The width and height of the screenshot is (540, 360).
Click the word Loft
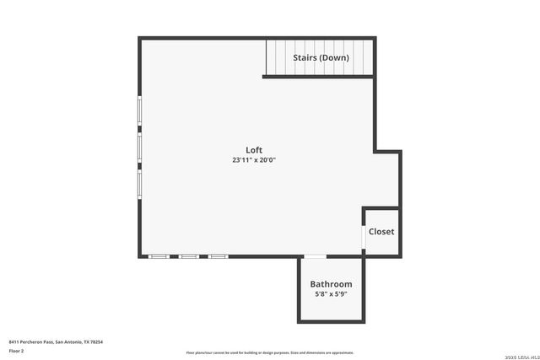pyautogui.click(x=254, y=150)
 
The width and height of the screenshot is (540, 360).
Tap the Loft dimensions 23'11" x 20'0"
pyautogui.click(x=254, y=160)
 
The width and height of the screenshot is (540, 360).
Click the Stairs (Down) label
pyautogui.click(x=321, y=58)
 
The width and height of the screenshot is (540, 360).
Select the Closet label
pyautogui.click(x=381, y=232)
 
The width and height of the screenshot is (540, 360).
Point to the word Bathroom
pyautogui.click(x=331, y=285)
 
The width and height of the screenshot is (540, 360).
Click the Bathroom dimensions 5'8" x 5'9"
pyautogui.click(x=331, y=294)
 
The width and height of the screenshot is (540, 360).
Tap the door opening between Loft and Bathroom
pyautogui.click(x=315, y=256)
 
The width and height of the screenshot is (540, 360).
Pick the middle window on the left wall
pyautogui.click(x=140, y=148)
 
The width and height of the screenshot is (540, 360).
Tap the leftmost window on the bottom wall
pyautogui.click(x=159, y=255)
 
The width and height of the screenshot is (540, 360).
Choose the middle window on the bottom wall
pyautogui.click(x=188, y=255)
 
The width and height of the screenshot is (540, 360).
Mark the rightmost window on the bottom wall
pyautogui.click(x=218, y=255)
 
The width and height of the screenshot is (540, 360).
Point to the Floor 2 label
pyautogui.click(x=16, y=350)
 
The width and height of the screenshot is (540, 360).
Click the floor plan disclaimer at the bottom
pyautogui.click(x=270, y=352)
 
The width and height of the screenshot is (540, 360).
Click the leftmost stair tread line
pyautogui.click(x=267, y=57)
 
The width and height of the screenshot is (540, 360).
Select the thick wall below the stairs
pyautogui.click(x=318, y=77)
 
